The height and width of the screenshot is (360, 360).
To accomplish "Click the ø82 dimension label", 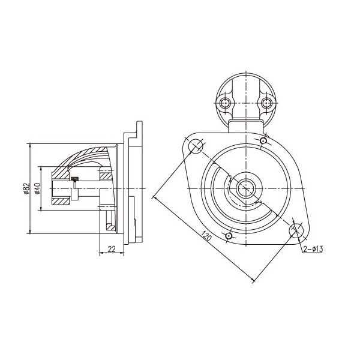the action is (x=27, y=188).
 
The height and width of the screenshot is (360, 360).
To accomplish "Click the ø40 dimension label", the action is (x=37, y=188).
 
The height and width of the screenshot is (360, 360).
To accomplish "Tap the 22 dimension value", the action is (x=112, y=249).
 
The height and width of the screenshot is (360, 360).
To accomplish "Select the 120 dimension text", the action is (x=206, y=235).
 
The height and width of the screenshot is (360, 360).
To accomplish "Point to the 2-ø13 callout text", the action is (x=313, y=249).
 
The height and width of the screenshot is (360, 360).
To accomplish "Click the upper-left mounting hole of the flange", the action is (x=196, y=146).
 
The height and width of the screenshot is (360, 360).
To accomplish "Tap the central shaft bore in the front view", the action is (x=245, y=188).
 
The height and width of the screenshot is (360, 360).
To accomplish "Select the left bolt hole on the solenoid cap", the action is (x=225, y=103).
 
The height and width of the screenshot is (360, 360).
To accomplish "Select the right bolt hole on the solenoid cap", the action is (x=267, y=103).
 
